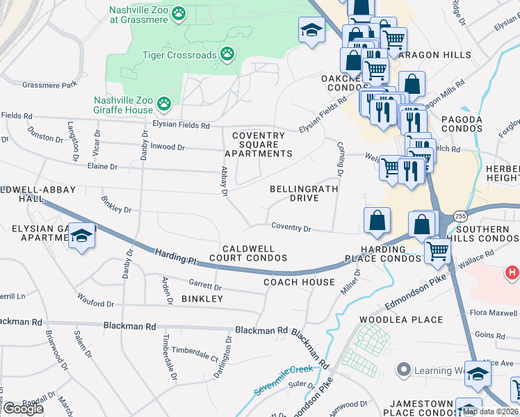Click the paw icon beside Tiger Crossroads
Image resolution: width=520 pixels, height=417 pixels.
pos(227,54)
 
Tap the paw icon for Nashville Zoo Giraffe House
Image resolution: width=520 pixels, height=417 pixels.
pos(163,104)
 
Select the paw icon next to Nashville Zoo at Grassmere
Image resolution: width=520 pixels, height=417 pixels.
pos(179,13)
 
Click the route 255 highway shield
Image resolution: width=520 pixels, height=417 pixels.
pos(460,216)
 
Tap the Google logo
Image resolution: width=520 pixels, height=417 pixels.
pos(22,408)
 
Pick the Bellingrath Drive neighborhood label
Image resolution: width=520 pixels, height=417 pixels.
pos(304,193)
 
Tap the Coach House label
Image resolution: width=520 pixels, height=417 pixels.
pos(300,282)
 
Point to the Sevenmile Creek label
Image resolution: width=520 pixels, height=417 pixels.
pos(283,380)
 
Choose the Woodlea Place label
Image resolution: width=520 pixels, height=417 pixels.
pos(401,320)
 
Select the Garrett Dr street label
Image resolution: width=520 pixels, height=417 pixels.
pos(206,285)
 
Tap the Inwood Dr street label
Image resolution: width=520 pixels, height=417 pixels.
pos(166,147)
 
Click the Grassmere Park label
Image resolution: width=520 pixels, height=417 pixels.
pos(49,85)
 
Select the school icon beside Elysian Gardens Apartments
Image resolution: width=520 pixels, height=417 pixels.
pos(81,236)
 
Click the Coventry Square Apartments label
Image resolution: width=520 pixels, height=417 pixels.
pos(258,145)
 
